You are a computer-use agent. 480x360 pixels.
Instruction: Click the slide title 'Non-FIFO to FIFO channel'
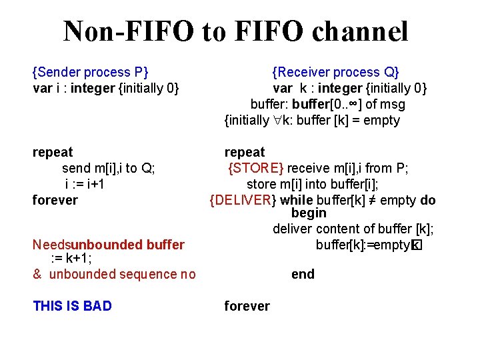(x=235, y=31)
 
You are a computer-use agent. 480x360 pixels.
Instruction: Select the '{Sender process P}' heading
(x=91, y=72)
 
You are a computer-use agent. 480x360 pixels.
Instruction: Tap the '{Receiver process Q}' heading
(x=335, y=72)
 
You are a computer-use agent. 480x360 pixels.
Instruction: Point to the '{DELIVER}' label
(x=243, y=200)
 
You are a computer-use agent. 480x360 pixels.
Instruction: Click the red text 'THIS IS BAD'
(x=72, y=306)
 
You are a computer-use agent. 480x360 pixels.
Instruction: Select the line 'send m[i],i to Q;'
(x=109, y=168)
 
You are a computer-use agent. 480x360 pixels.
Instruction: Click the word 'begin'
(x=309, y=213)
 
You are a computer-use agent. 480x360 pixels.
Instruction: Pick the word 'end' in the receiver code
(x=303, y=274)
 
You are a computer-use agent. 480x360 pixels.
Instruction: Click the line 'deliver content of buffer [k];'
(x=353, y=229)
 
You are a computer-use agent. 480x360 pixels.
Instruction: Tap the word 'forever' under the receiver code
(x=247, y=306)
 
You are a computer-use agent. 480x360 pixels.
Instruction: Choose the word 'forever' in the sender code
(x=55, y=200)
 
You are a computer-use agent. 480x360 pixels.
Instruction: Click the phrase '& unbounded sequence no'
(x=114, y=274)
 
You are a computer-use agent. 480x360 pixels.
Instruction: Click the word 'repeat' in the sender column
(x=53, y=152)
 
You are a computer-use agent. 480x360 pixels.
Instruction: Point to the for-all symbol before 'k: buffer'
(x=278, y=121)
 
